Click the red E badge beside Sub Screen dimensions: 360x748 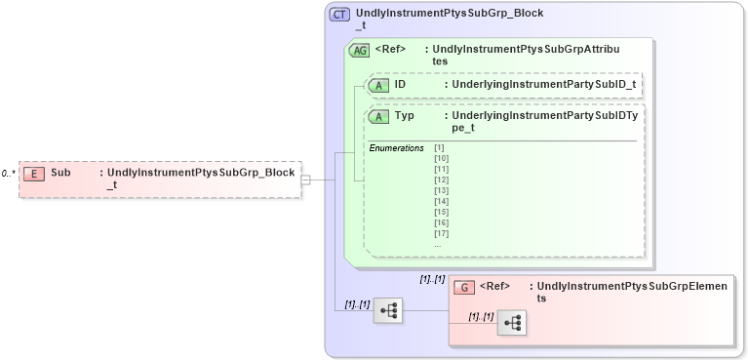click(34, 173)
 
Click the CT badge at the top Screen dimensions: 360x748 click(339, 15)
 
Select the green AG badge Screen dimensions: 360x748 click(359, 51)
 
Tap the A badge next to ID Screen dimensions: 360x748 click(379, 86)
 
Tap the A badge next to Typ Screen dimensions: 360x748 click(379, 117)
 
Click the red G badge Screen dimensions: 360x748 click(466, 288)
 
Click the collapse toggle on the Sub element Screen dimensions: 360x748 click(306, 180)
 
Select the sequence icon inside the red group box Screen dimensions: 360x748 click(512, 323)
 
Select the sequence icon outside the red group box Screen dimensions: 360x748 click(389, 310)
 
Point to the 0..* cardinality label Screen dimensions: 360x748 click(9, 174)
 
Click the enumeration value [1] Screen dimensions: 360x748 click(439, 147)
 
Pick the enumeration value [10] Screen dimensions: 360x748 click(441, 158)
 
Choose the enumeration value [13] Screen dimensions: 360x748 click(441, 190)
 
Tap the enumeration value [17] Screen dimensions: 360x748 click(441, 233)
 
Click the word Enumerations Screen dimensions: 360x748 click(396, 147)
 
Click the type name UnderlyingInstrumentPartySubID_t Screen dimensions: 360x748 click(541, 86)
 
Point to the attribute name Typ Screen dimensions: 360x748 click(404, 116)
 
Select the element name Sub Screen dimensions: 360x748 click(60, 173)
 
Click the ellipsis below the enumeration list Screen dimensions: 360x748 click(437, 244)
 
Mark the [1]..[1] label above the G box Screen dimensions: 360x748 click(432, 279)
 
